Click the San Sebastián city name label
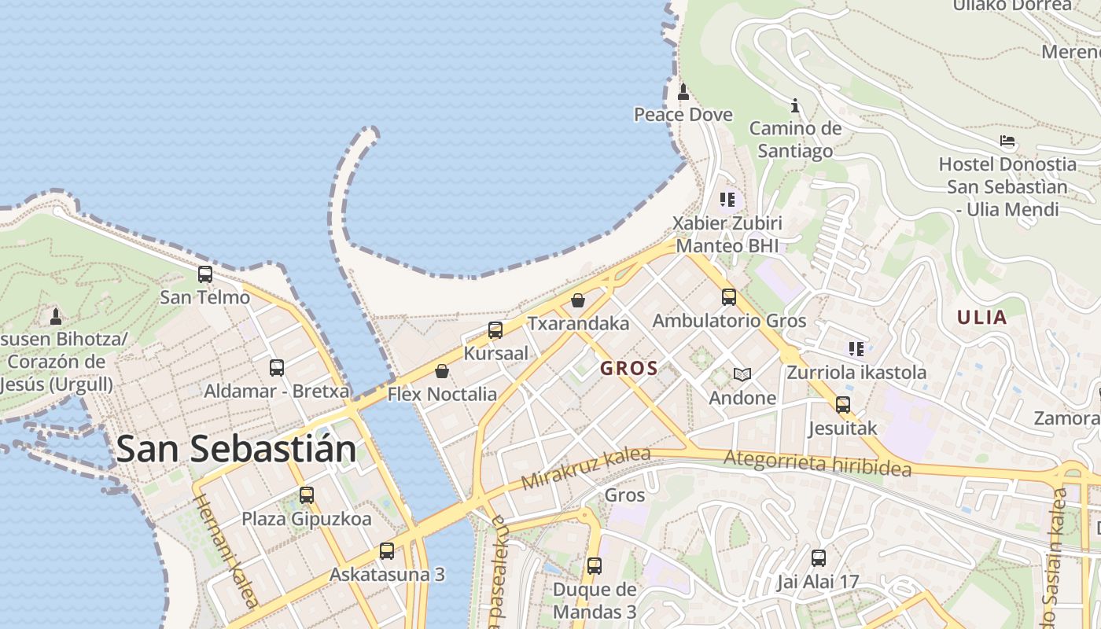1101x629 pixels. (x=236, y=449)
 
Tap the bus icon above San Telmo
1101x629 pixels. (x=205, y=274)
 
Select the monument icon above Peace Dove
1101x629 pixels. (x=683, y=92)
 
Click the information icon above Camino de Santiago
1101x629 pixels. (x=795, y=105)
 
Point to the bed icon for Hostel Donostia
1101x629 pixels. (x=1007, y=142)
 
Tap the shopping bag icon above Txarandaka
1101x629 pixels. (x=578, y=300)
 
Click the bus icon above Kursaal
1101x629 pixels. (x=495, y=330)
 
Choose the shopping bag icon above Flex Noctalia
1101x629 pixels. (x=442, y=371)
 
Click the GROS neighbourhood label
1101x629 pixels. (x=629, y=369)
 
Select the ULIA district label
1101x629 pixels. (x=981, y=318)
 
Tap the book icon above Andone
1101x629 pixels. (x=742, y=374)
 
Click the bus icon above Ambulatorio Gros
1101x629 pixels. (x=729, y=297)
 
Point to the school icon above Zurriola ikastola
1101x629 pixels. (x=856, y=348)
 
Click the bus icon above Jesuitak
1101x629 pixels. (x=843, y=405)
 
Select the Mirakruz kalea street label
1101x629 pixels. (x=586, y=469)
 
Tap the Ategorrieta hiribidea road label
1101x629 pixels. (x=817, y=463)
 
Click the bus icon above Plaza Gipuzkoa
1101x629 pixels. (x=307, y=495)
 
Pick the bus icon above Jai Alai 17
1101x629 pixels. (x=819, y=558)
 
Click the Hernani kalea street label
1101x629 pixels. (x=225, y=550)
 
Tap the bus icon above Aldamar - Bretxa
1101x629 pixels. (x=277, y=367)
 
